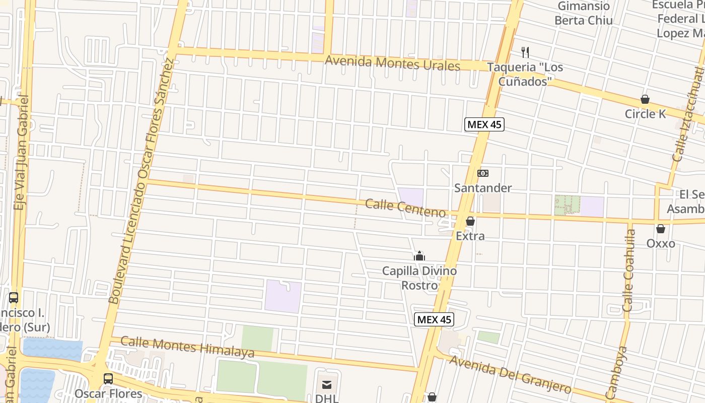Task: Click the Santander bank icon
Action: pyautogui.click(x=483, y=173)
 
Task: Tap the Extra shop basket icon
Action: pyautogui.click(x=470, y=221)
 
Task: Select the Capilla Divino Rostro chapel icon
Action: pyautogui.click(x=419, y=256)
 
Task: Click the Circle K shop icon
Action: pyautogui.click(x=645, y=99)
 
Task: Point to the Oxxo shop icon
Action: pyautogui.click(x=661, y=229)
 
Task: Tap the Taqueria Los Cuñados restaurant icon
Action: pyautogui.click(x=525, y=52)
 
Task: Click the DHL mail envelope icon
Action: pyautogui.click(x=327, y=385)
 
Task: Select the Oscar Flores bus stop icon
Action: pyautogui.click(x=108, y=378)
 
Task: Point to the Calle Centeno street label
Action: pyautogui.click(x=405, y=208)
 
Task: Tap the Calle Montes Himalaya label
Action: pyautogui.click(x=187, y=348)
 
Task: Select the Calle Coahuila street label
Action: pyautogui.click(x=629, y=270)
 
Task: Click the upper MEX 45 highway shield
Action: pyautogui.click(x=484, y=124)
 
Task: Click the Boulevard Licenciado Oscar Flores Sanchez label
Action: pyautogui.click(x=142, y=181)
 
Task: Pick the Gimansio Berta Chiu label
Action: pyautogui.click(x=584, y=14)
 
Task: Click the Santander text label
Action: pyautogui.click(x=483, y=188)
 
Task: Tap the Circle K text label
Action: pyautogui.click(x=645, y=114)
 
